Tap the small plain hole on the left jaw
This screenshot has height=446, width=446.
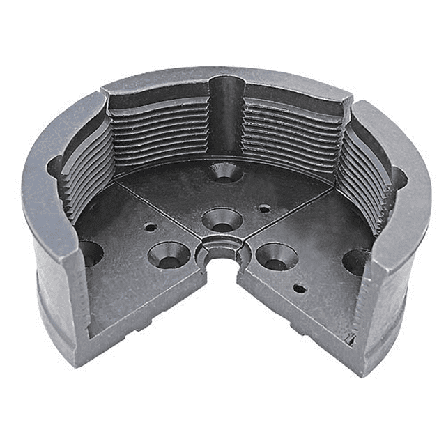click(149, 226)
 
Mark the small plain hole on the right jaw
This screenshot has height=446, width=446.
click(299, 288)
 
